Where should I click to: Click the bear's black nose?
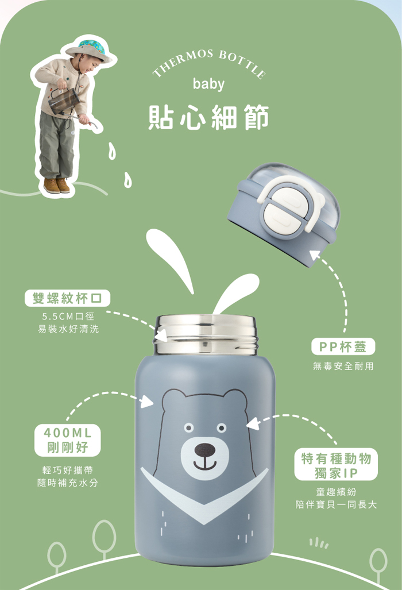tap(205, 449)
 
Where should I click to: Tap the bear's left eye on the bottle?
tap(188, 428)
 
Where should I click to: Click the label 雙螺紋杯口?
tap(67, 298)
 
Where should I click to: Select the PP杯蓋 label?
tap(343, 346)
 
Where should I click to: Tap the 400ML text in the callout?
tap(68, 433)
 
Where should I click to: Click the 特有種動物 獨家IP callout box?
tap(336, 464)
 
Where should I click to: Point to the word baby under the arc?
tap(208, 84)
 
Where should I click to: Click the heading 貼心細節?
tap(208, 117)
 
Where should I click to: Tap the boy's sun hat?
tap(88, 49)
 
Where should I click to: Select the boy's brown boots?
tap(56, 185)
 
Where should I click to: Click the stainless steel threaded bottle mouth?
tap(206, 334)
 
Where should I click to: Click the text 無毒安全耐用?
tap(343, 366)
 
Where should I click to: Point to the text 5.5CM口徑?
tap(68, 317)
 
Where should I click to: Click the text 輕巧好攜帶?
tap(68, 470)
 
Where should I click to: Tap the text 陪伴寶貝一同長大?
tap(336, 504)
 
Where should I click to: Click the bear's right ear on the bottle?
tap(235, 400)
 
